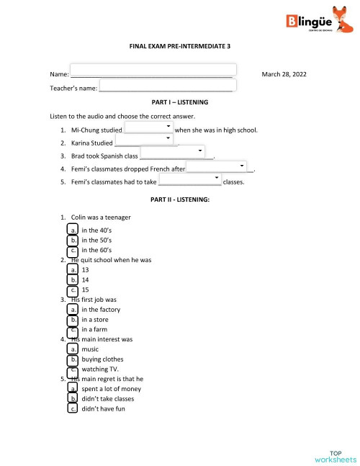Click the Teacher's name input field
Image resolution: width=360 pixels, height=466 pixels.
point(167,85)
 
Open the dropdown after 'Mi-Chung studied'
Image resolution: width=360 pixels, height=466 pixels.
point(149,127)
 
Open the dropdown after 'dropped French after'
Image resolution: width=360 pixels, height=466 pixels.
point(217,166)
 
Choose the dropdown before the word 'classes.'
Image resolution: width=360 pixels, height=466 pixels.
point(191,179)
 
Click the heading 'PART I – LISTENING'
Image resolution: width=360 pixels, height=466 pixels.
point(179,102)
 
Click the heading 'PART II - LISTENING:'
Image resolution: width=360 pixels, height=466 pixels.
point(179,198)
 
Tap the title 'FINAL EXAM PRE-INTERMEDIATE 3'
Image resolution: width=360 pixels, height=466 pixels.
point(179,45)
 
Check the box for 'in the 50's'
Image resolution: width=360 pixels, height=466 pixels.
point(73,240)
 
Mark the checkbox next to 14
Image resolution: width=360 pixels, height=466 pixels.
point(73,279)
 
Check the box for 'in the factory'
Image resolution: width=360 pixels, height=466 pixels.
point(73,310)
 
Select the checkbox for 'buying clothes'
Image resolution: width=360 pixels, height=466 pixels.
point(73,359)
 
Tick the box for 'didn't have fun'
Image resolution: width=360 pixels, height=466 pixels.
point(73,408)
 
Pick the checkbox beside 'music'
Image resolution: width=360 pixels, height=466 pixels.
point(73,349)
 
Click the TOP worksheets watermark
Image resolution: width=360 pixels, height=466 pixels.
point(335,456)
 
